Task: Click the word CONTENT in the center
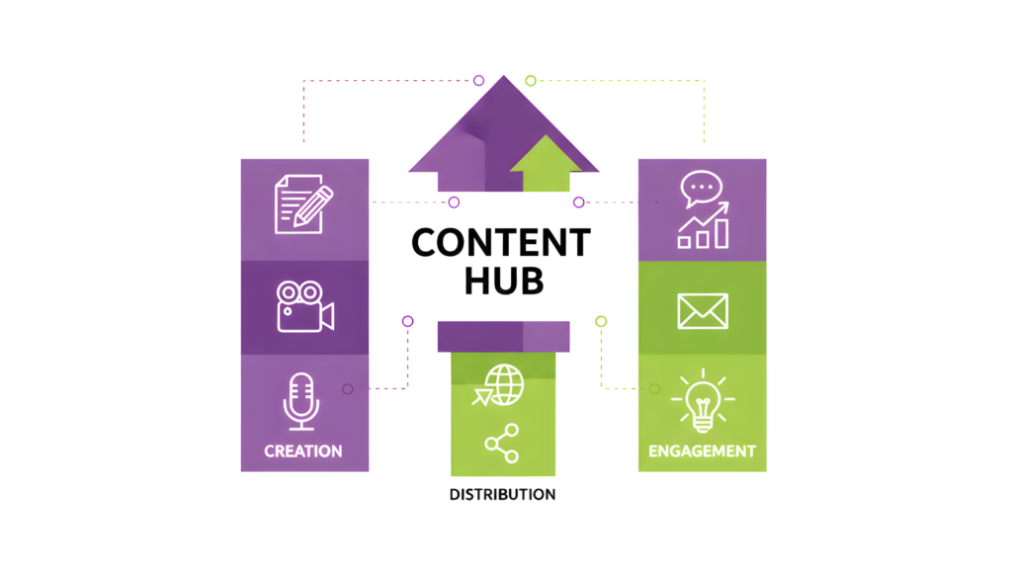(501, 242)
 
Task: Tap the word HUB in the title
(504, 281)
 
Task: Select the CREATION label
(303, 451)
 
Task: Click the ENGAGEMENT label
(702, 451)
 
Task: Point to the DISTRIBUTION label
(502, 494)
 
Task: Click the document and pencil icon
(302, 203)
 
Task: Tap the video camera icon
(303, 306)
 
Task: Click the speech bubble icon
(702, 188)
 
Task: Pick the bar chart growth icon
(703, 227)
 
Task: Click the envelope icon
(703, 311)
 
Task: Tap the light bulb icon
(703, 400)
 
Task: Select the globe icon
(502, 384)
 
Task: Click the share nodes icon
(502, 443)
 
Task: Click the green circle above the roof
(531, 80)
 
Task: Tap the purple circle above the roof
(478, 80)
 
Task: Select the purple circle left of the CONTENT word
(454, 203)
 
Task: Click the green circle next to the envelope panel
(601, 321)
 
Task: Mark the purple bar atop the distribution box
(503, 336)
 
